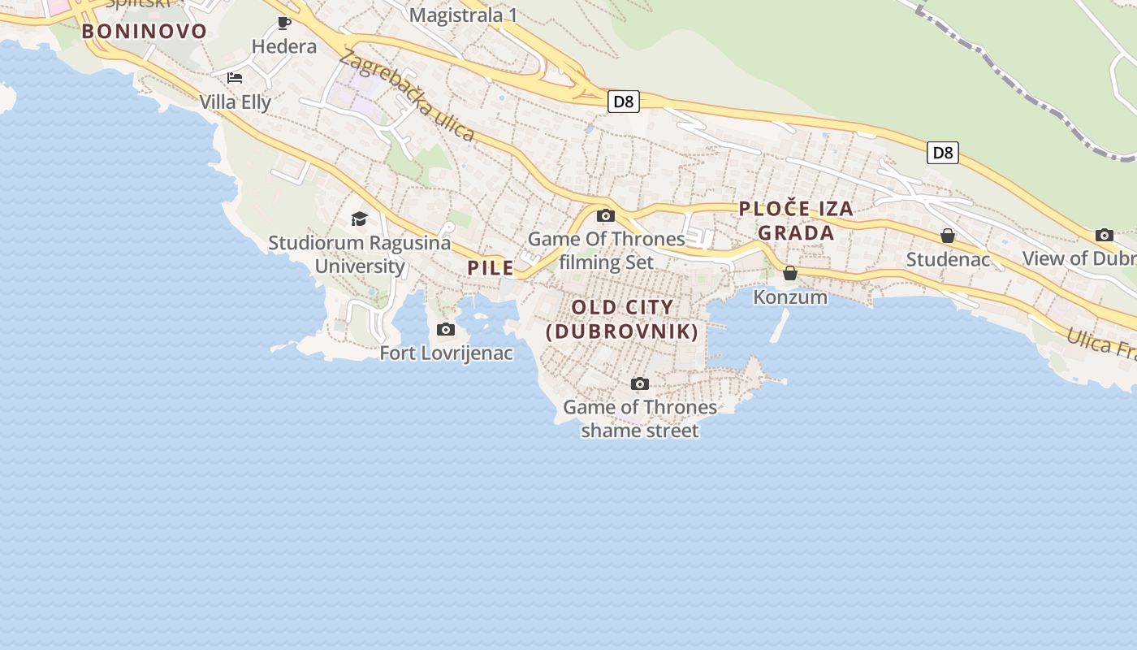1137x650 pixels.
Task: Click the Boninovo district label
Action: (x=144, y=32)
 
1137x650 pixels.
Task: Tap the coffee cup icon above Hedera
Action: (x=283, y=23)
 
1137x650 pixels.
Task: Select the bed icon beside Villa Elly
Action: (x=235, y=78)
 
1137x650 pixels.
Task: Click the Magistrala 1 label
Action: (x=463, y=15)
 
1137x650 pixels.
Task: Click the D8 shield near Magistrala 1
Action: (x=624, y=102)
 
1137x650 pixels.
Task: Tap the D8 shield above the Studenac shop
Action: (x=942, y=152)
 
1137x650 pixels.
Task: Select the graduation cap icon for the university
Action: (x=359, y=219)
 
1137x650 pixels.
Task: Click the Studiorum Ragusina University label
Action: (x=360, y=254)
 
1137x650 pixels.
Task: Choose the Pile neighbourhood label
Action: (x=491, y=267)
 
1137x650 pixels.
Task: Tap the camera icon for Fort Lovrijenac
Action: (x=446, y=329)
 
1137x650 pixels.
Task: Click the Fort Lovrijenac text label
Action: (x=447, y=353)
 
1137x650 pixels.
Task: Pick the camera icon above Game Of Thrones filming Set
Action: (x=606, y=215)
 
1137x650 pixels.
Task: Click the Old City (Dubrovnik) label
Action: (x=622, y=319)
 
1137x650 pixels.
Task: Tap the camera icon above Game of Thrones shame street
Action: (x=640, y=383)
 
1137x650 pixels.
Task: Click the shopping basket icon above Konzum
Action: (x=790, y=274)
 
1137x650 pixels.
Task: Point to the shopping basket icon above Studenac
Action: (x=947, y=236)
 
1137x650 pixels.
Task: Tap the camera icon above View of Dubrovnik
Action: (x=1105, y=235)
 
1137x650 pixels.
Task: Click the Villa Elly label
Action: (x=236, y=102)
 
